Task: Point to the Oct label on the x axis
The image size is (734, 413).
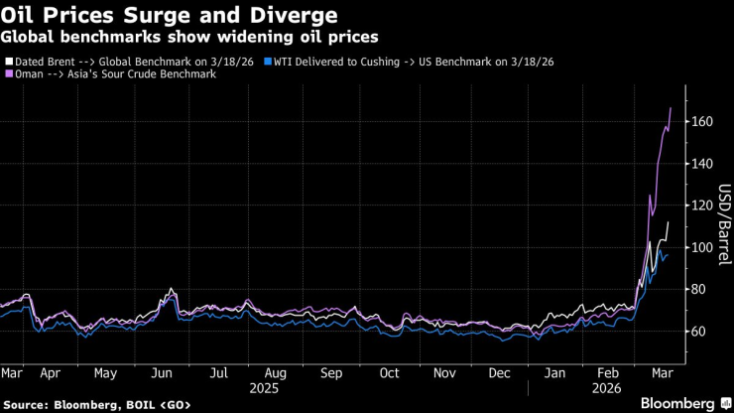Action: [389, 373]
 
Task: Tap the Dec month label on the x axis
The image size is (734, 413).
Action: [501, 373]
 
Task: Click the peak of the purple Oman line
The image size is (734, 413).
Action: [671, 107]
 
